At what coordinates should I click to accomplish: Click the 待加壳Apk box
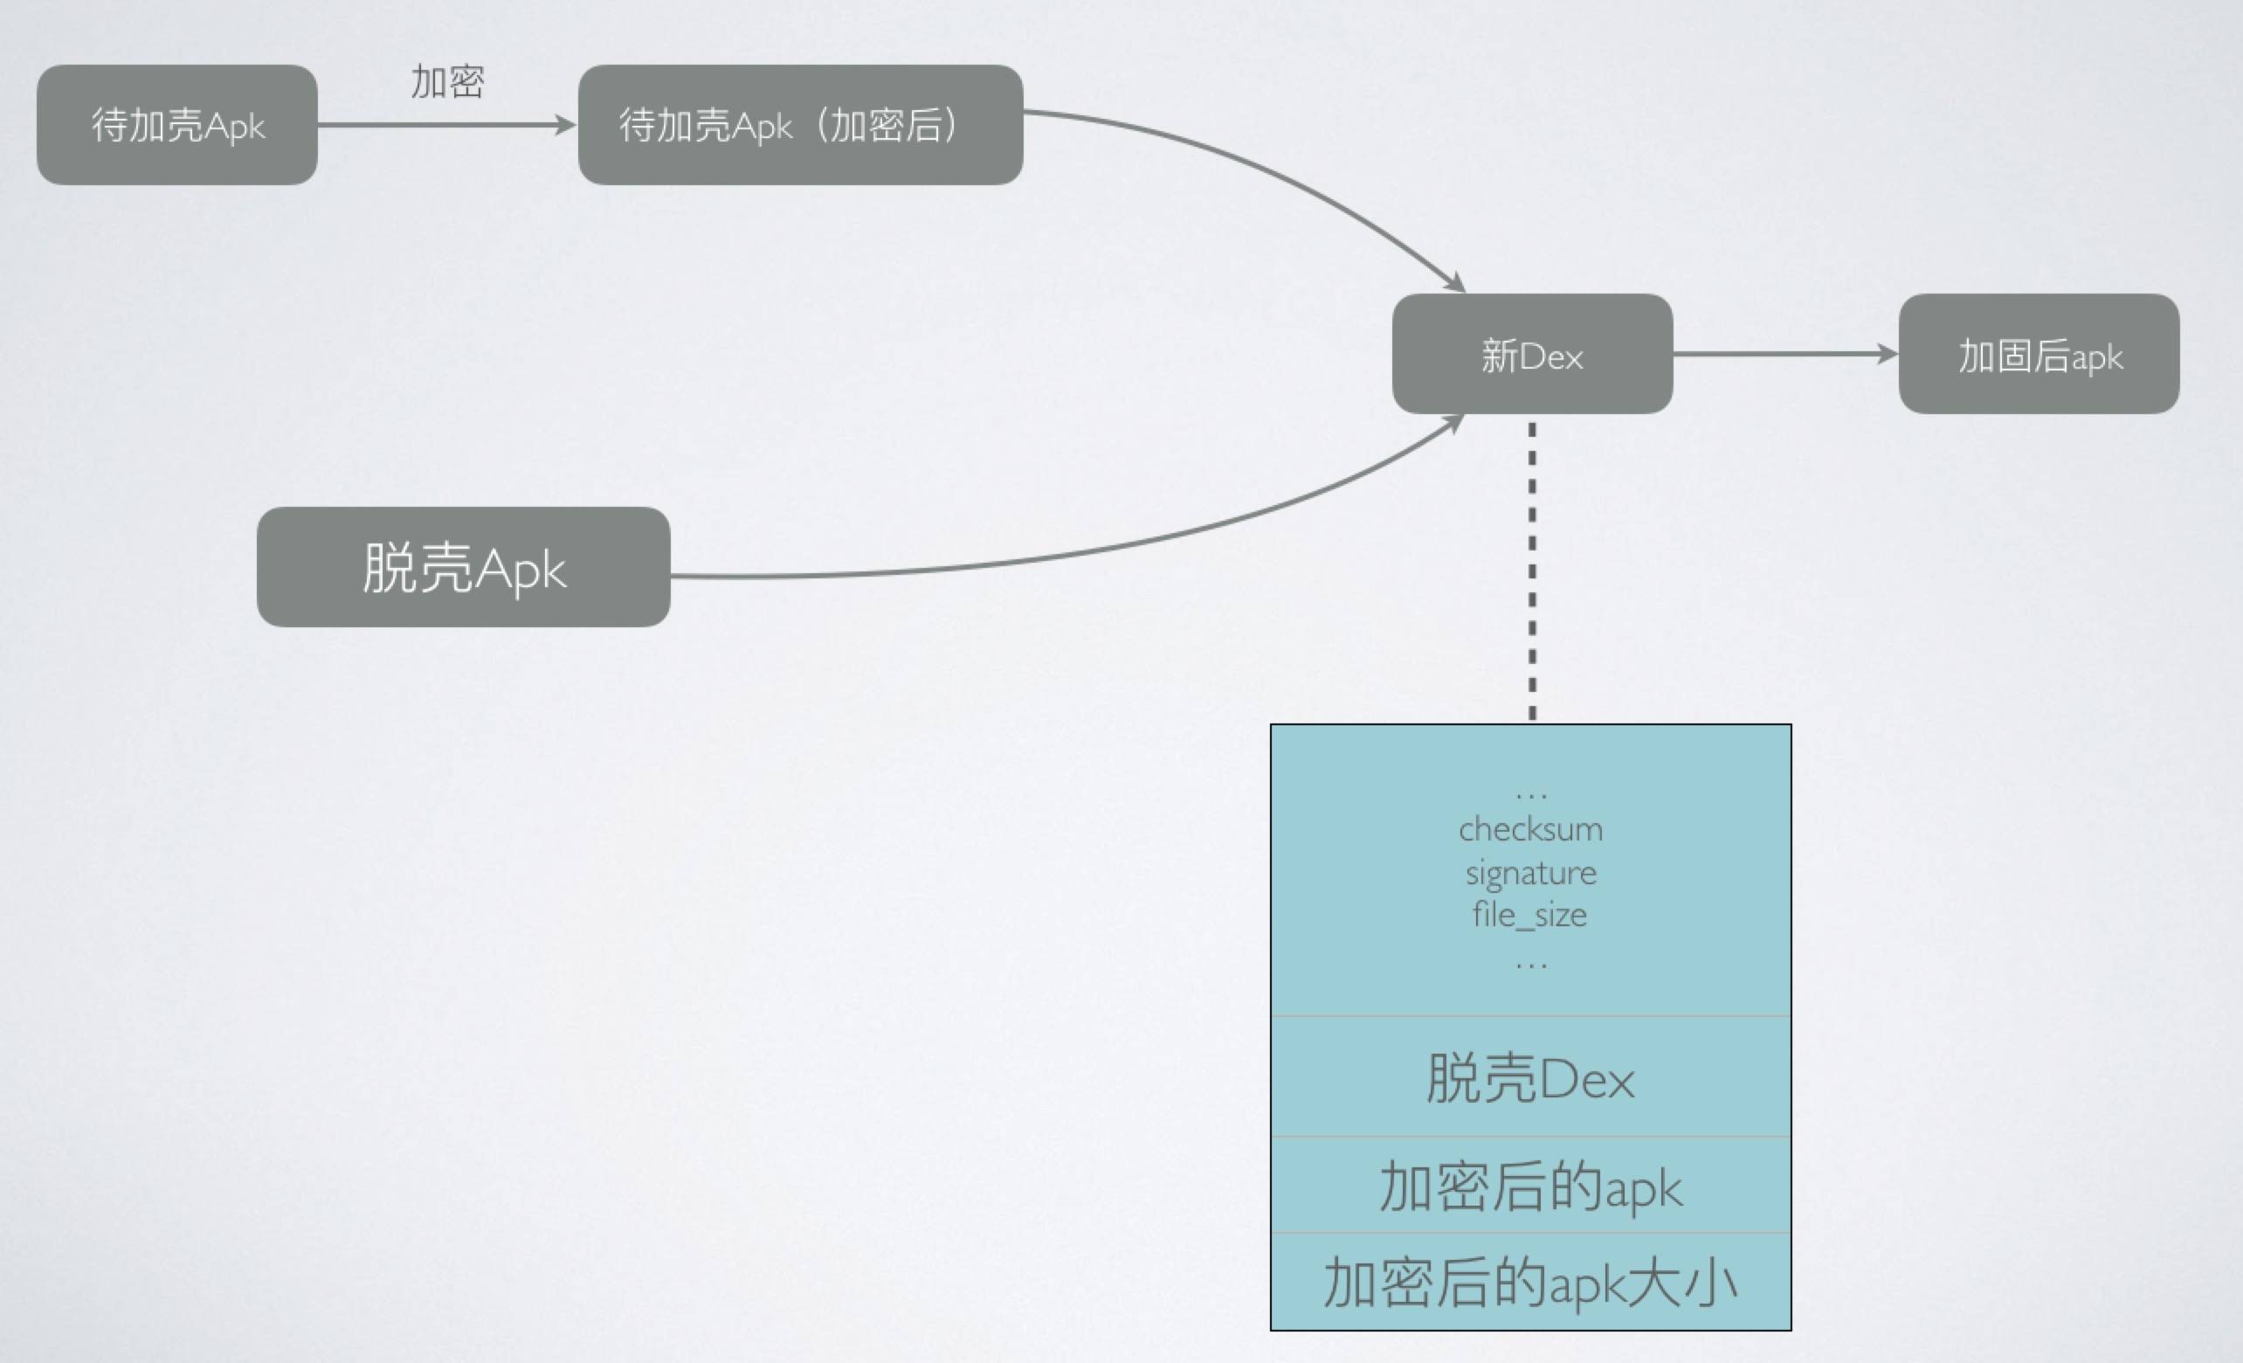pos(177,125)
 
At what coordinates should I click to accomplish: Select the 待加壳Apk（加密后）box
pos(800,125)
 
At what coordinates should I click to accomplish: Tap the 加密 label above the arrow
pos(447,82)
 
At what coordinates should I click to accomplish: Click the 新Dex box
pos(1532,354)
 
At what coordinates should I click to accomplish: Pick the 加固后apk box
pos(2039,354)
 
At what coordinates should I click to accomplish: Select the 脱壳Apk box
pos(463,567)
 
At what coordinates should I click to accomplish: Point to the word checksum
pos(1530,829)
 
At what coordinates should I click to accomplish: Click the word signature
pos(1530,873)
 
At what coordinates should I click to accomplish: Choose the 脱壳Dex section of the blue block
pos(1530,1078)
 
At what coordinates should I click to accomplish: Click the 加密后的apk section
pos(1530,1187)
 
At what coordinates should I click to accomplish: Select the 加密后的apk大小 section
pos(1530,1283)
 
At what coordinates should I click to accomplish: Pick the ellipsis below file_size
pos(1531,965)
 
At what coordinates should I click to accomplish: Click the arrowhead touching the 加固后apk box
pos(1888,354)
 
